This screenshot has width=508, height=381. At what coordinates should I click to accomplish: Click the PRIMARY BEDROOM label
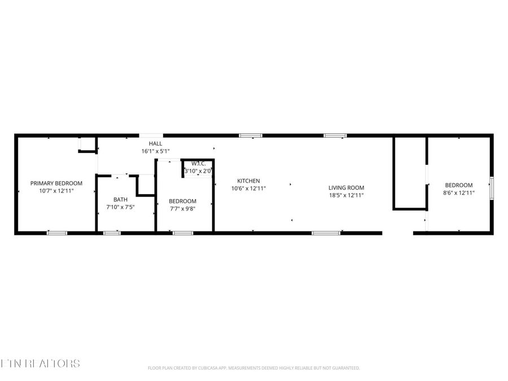[56, 183]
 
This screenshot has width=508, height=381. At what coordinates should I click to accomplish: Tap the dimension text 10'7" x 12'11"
[56, 191]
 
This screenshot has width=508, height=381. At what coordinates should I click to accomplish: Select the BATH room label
[120, 199]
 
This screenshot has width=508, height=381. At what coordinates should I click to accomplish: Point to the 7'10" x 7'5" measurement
[120, 207]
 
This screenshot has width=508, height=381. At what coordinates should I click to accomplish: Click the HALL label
[155, 143]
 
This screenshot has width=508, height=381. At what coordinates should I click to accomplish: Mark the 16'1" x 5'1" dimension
[155, 151]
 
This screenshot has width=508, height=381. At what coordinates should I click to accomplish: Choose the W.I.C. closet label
[198, 164]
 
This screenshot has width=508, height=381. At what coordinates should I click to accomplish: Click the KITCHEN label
[248, 181]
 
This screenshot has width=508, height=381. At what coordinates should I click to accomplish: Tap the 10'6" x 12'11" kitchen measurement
[248, 189]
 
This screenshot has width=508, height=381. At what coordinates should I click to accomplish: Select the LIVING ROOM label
[347, 187]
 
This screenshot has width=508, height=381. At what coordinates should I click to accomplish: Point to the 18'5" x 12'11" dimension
[347, 195]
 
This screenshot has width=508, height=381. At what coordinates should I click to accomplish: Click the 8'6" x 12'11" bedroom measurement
[458, 193]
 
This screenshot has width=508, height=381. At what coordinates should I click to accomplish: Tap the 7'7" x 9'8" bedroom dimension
[182, 209]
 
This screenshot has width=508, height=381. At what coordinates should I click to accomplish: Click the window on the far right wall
[491, 188]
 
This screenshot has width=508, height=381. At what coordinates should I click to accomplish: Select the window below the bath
[112, 233]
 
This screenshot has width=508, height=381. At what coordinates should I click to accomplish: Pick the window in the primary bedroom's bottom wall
[56, 233]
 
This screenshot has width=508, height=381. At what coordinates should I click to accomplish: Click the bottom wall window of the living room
[326, 233]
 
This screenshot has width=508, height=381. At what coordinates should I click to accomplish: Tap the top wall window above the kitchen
[250, 135]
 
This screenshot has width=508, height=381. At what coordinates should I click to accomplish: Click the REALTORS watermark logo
[40, 363]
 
